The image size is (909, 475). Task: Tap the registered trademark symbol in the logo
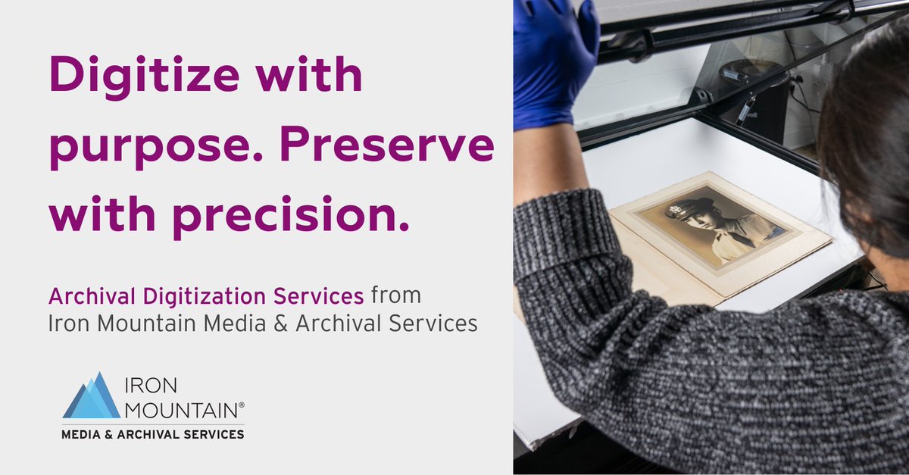point(242,406)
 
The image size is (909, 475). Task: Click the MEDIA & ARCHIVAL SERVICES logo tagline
point(152,435)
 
